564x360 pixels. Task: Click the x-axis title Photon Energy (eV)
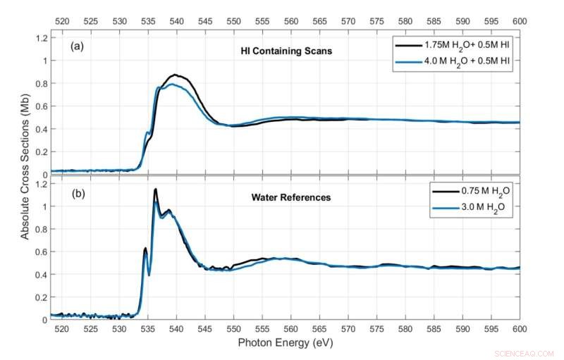[286, 343]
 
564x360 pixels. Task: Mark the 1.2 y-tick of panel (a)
[41, 37]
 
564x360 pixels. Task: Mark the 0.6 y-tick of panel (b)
[41, 252]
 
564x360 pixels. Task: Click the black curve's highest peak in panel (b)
[155, 189]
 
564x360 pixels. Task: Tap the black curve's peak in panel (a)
[176, 75]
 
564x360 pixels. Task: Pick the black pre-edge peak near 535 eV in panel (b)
[145, 248]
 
